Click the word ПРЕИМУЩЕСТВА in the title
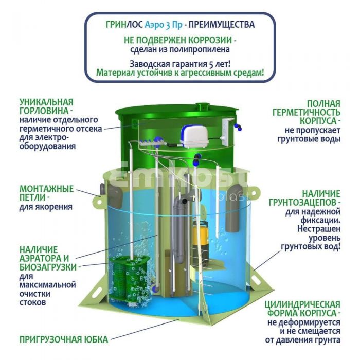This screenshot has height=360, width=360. point(222,25)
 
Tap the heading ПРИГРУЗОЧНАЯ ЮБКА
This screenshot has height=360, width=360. point(64,339)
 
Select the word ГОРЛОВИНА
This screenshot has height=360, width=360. point(44,111)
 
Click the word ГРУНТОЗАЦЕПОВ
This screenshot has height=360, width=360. point(303,203)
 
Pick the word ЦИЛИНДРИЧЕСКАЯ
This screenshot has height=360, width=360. point(302,304)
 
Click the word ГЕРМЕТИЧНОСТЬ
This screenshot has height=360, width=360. point(307,112)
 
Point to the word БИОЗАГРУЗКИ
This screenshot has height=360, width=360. point(48,267)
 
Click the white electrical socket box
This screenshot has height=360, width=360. point(227,133)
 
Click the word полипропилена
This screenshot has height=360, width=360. point(200,49)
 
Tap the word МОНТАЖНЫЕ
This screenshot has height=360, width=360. point(47,189)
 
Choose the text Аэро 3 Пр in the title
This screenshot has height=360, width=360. point(164,25)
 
